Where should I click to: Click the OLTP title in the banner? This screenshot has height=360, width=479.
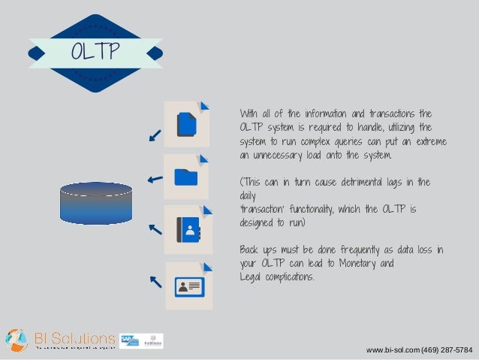(x=95, y=53)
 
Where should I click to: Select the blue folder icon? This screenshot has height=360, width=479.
(x=186, y=177)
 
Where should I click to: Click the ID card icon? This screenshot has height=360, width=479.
(x=188, y=286)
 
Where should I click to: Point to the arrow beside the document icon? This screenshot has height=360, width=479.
(x=155, y=135)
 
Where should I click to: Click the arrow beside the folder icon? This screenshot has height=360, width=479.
(x=155, y=179)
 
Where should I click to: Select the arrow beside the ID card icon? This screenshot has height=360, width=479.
(x=155, y=282)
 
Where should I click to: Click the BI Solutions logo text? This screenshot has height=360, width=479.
(x=74, y=337)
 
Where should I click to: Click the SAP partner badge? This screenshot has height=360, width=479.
(x=128, y=340)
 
